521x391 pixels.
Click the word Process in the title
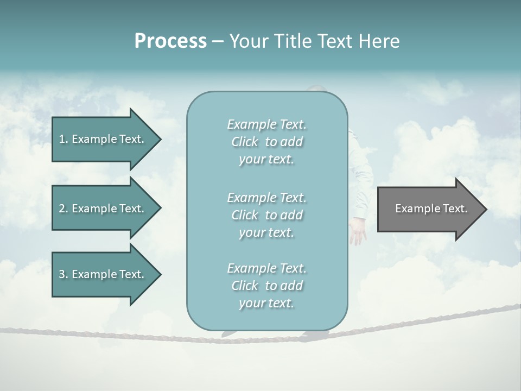click(170, 41)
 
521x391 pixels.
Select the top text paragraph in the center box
click(266, 142)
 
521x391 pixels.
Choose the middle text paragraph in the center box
click(266, 215)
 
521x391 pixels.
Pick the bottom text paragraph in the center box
click(266, 286)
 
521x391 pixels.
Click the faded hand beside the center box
click(358, 230)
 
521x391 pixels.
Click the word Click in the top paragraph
click(245, 142)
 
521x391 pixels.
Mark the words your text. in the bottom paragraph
click(266, 303)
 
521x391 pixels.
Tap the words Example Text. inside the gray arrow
click(431, 209)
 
